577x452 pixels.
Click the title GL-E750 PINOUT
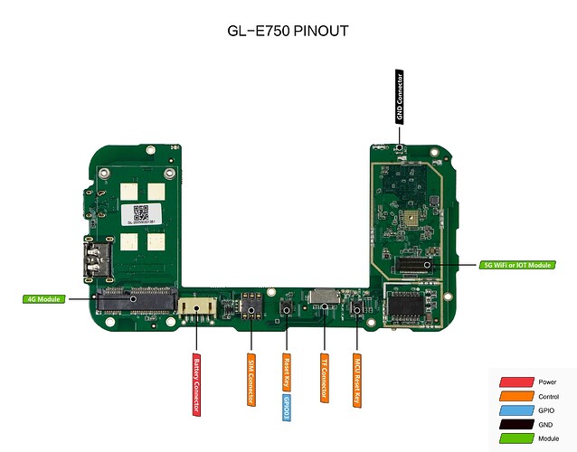point(288,31)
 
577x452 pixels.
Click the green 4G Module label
point(44,297)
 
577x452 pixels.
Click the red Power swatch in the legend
point(515,381)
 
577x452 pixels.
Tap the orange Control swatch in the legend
point(515,395)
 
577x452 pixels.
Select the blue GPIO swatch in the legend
point(515,410)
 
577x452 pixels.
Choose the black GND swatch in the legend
point(515,423)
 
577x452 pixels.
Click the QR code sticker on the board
point(140,213)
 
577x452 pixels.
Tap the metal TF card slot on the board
point(322,296)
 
